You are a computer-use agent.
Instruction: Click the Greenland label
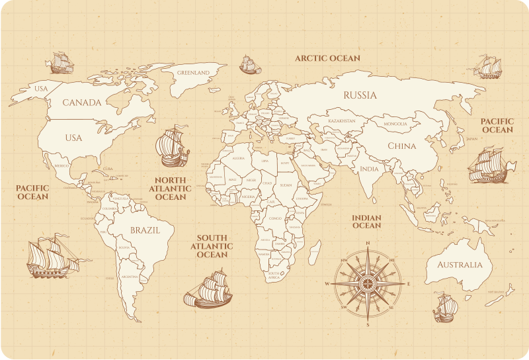193,73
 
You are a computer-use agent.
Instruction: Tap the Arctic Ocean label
327,58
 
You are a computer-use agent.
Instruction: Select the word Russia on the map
360,95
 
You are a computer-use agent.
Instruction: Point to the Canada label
82,103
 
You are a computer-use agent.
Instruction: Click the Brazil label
145,231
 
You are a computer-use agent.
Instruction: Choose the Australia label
460,265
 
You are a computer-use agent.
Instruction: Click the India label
370,169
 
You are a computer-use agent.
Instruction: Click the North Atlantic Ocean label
171,188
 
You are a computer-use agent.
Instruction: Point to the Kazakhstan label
342,121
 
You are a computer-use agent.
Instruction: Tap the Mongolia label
396,124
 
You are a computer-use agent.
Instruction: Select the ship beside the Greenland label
248,65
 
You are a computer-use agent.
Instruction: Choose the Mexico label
61,165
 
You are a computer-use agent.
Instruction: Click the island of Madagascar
315,252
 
